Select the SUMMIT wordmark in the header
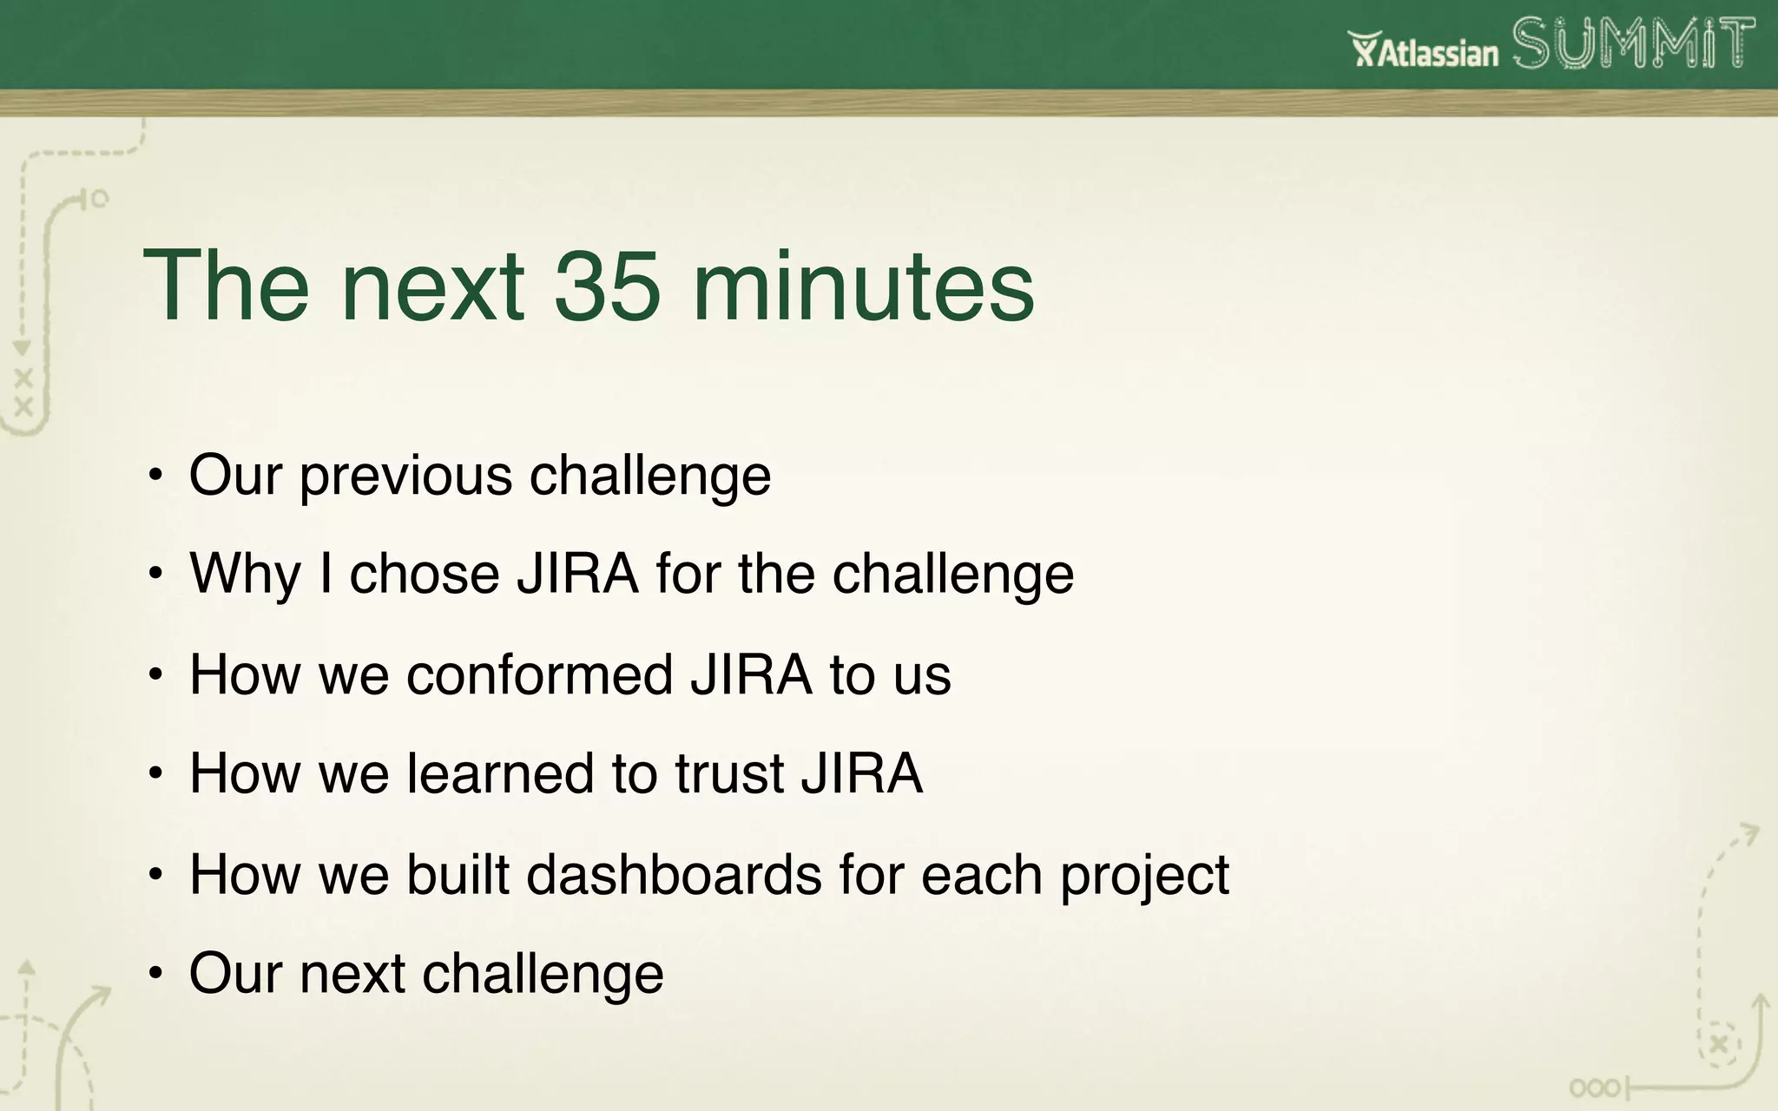[1633, 44]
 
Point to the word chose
[425, 574]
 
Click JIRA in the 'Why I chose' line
[577, 574]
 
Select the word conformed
[539, 674]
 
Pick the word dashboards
[674, 874]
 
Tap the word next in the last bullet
[352, 973]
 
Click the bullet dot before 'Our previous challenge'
[155, 476]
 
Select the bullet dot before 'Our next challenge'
[155, 973]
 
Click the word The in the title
[226, 286]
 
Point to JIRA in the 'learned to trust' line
[861, 773]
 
